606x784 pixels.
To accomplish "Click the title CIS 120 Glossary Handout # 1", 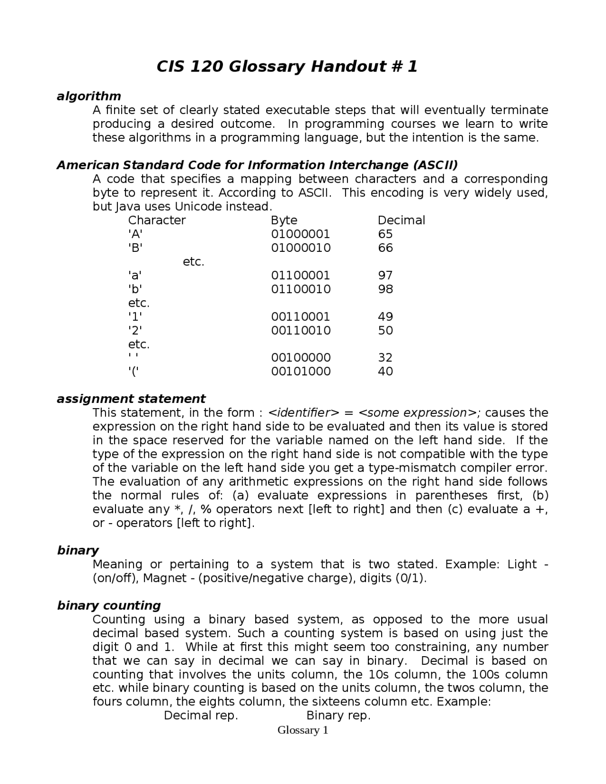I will (287, 67).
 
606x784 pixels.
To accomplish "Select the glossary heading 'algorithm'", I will (89, 96).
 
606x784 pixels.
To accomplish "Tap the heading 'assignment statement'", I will (131, 399).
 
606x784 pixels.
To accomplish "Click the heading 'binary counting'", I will (109, 606).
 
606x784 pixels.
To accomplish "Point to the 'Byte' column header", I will (284, 220).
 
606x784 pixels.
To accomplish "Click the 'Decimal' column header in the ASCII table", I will (401, 220).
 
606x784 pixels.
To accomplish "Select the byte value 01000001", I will (301, 234).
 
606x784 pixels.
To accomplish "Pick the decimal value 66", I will (385, 248).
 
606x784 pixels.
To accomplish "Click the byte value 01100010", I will (301, 289).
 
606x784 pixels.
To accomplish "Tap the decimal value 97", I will (385, 275).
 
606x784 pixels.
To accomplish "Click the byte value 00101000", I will (301, 371).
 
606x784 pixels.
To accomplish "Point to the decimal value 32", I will (385, 357).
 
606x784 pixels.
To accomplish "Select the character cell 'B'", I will (135, 248).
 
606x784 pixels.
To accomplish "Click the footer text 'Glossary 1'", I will (303, 730).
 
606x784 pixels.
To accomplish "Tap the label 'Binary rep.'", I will (339, 715).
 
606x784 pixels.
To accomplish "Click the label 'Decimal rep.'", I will (201, 715).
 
